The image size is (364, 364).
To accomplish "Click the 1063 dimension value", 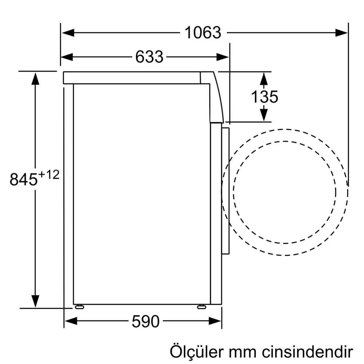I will [x=203, y=33].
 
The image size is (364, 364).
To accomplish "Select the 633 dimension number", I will [x=149, y=57].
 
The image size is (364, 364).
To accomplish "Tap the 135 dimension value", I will [x=265, y=97].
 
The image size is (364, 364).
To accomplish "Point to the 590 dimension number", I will [x=145, y=321].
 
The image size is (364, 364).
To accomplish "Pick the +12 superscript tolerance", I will [x=48, y=175].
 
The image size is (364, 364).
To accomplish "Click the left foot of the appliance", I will [x=79, y=307].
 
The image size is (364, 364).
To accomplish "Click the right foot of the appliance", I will [x=201, y=307].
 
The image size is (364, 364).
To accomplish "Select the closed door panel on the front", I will [x=226, y=191].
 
